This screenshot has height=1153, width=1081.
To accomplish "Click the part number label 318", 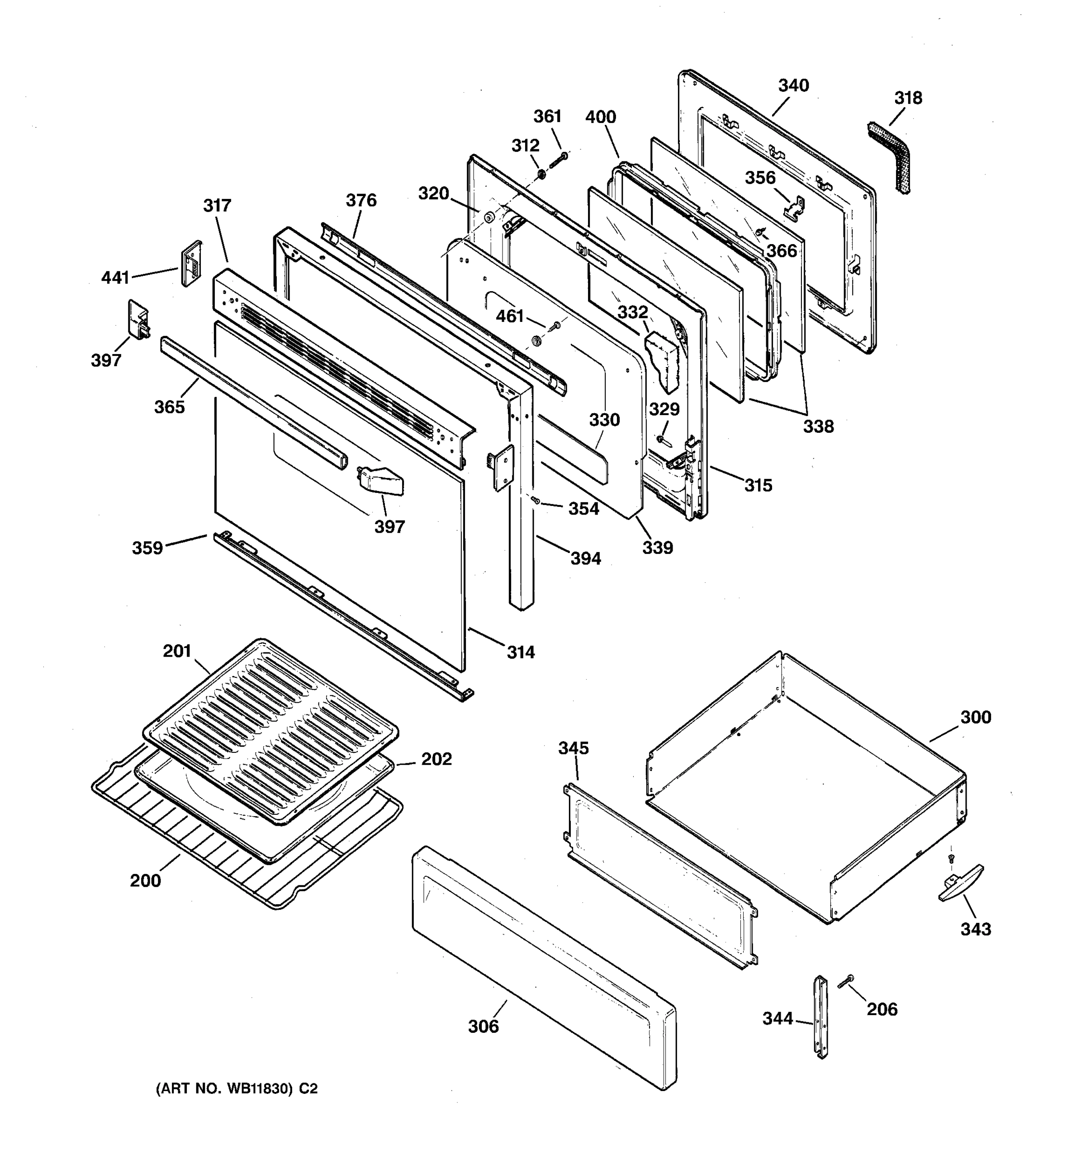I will (908, 98).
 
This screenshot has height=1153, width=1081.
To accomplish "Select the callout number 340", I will (793, 86).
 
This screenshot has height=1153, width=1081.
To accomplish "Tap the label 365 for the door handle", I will (169, 407).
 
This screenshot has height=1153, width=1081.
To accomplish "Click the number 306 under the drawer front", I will (483, 1027).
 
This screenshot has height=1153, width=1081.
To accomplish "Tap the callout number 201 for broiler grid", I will (177, 651).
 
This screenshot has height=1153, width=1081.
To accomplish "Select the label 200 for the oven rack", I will (145, 881).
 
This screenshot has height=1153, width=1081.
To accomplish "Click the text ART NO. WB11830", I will (226, 1089).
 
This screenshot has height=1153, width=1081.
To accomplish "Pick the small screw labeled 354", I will (535, 499).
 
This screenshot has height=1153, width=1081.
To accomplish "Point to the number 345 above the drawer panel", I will (573, 748).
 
